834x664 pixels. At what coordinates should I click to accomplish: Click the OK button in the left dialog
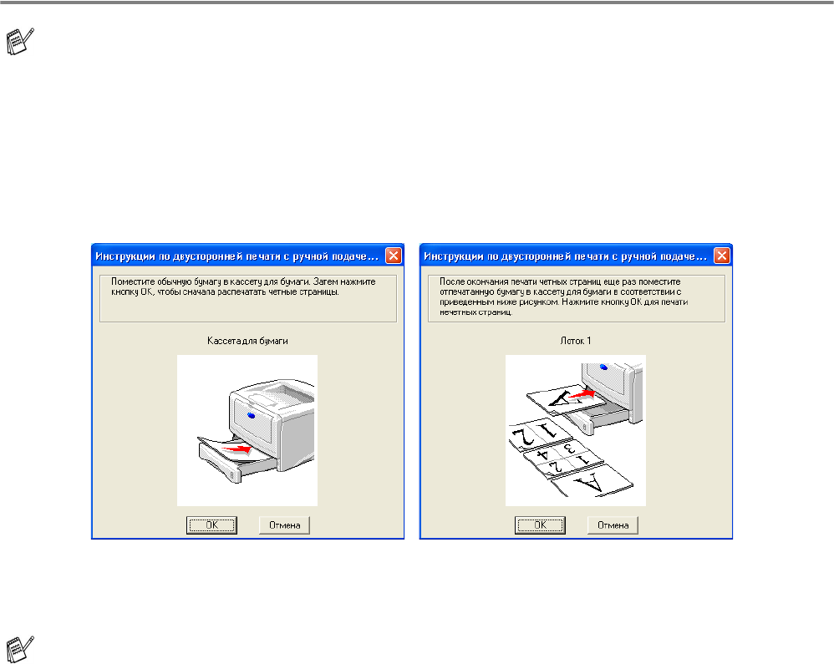pyautogui.click(x=211, y=525)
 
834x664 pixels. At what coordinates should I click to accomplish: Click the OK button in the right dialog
pyautogui.click(x=540, y=525)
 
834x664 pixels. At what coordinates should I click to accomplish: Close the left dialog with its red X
pyautogui.click(x=394, y=256)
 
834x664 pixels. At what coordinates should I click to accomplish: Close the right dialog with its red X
pyautogui.click(x=722, y=256)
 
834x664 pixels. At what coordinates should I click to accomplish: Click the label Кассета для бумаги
pyautogui.click(x=247, y=341)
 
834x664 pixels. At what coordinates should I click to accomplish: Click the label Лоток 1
pyautogui.click(x=576, y=341)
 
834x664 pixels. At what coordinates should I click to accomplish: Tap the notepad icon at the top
pyautogui.click(x=20, y=41)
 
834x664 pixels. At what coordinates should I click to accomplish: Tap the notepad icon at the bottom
pyautogui.click(x=20, y=649)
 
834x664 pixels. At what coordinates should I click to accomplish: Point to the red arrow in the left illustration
pyautogui.click(x=237, y=449)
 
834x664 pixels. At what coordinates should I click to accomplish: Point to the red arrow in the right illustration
pyautogui.click(x=581, y=394)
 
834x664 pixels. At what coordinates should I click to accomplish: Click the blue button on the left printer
pyautogui.click(x=251, y=414)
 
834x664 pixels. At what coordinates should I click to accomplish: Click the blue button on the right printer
pyautogui.click(x=603, y=367)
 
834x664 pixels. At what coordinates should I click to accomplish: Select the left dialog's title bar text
pyautogui.click(x=236, y=256)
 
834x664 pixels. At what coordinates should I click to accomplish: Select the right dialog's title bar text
pyautogui.click(x=565, y=256)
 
